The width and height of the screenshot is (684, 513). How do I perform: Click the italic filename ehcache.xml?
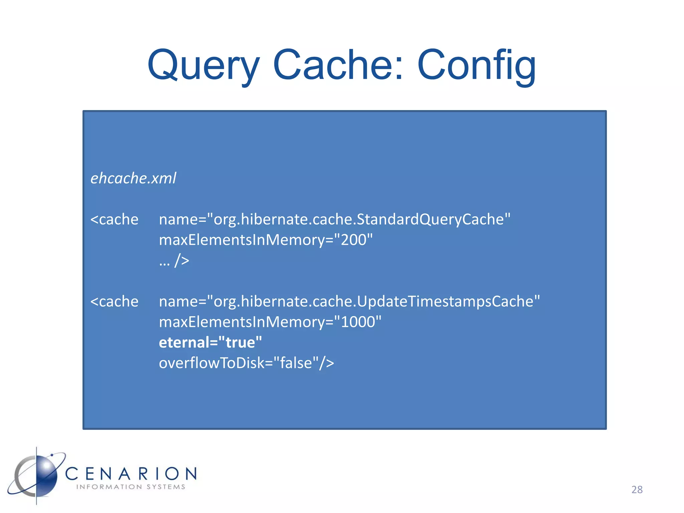coord(133,178)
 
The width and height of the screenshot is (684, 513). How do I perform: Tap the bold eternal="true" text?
coord(210,343)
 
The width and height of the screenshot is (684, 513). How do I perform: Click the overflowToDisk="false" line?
coord(246,363)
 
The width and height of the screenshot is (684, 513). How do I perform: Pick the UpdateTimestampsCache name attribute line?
coord(349,302)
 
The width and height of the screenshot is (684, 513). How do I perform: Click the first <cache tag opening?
coord(114,220)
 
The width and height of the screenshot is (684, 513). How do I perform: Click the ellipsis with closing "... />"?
coord(174,261)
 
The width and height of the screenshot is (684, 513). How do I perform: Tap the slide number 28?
coord(637,490)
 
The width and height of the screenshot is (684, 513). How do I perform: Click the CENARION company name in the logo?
coord(131,474)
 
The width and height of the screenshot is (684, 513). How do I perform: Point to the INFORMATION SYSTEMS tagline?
coord(131,487)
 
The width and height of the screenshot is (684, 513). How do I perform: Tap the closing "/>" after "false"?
coord(326,363)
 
